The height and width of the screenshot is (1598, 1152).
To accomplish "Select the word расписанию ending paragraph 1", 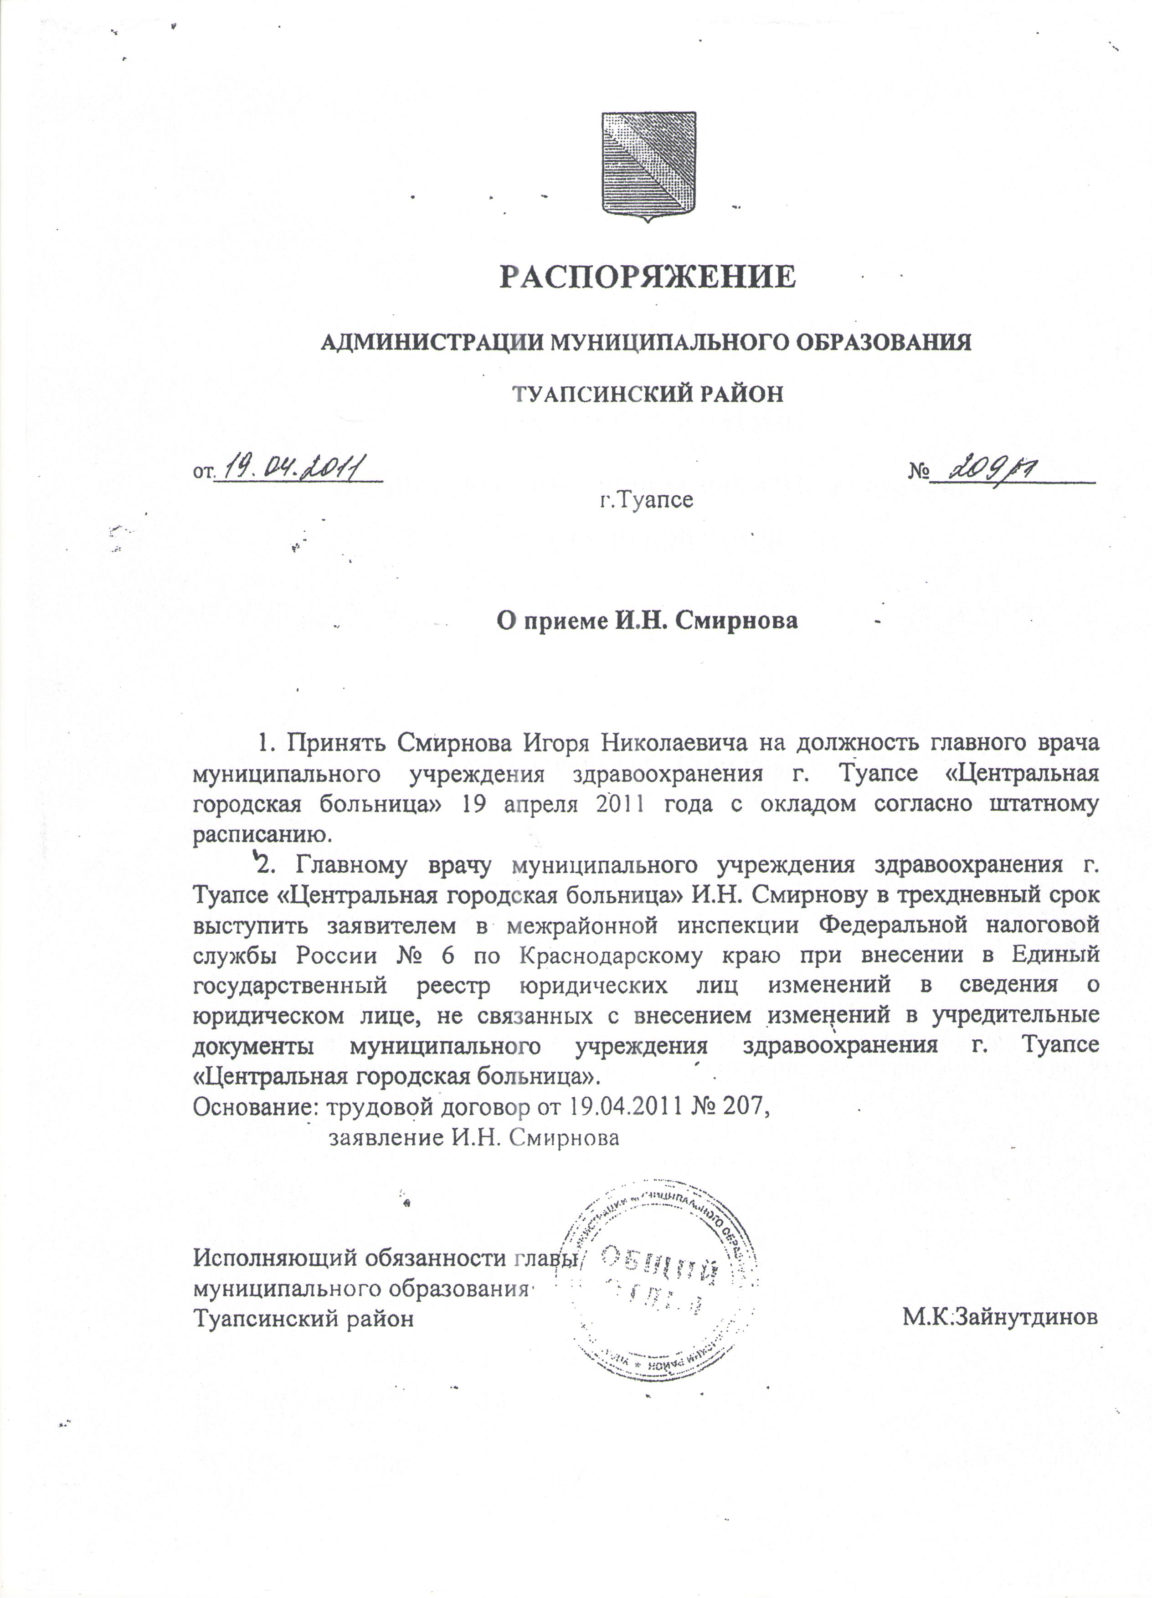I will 262,836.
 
